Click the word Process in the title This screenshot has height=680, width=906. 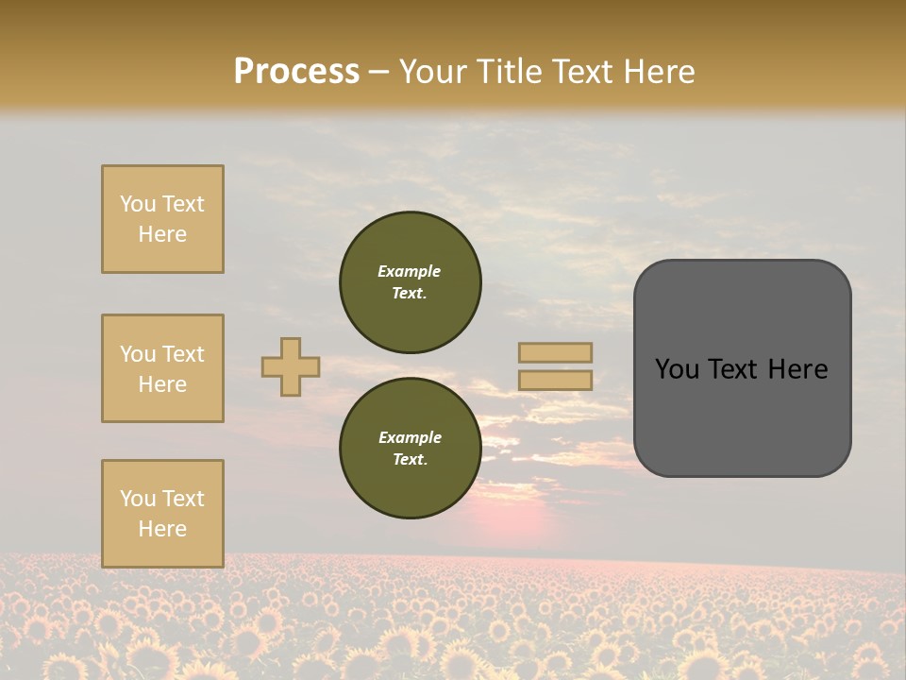(296, 71)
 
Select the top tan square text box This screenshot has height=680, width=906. (162, 219)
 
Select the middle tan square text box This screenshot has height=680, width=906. (162, 368)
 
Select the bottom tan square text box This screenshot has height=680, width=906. (162, 514)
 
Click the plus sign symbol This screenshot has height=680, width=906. (291, 366)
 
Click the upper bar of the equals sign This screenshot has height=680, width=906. (555, 352)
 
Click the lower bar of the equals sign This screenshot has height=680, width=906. (555, 381)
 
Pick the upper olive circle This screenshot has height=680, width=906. (411, 281)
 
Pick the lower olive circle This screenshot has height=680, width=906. (411, 448)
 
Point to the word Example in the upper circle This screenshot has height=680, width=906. (410, 271)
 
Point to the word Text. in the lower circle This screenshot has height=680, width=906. (411, 459)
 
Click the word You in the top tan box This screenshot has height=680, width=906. (138, 204)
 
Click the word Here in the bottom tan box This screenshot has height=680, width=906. (162, 529)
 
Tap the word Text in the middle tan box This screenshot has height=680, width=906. (182, 354)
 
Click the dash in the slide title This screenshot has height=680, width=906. (379, 72)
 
